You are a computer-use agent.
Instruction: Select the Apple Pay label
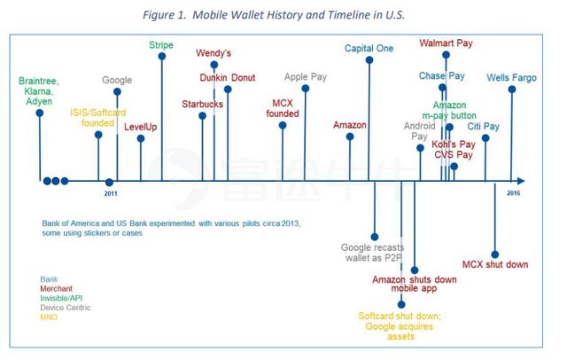coord(306,77)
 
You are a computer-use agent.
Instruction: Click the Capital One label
coord(369,48)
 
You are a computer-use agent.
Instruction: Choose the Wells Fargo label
coord(509,77)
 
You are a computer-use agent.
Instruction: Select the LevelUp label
coord(141,127)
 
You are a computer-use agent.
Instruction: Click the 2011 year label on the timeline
coord(109,192)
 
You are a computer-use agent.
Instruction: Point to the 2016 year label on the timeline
coord(514,192)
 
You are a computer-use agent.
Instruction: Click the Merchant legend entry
coord(59,288)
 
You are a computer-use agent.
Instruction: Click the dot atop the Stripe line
coord(162,57)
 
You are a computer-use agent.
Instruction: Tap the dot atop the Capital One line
coord(369,60)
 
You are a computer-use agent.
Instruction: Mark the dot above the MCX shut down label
coord(493,254)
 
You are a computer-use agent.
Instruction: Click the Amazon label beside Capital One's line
coord(350,125)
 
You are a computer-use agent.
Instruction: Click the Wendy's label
coord(213,52)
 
